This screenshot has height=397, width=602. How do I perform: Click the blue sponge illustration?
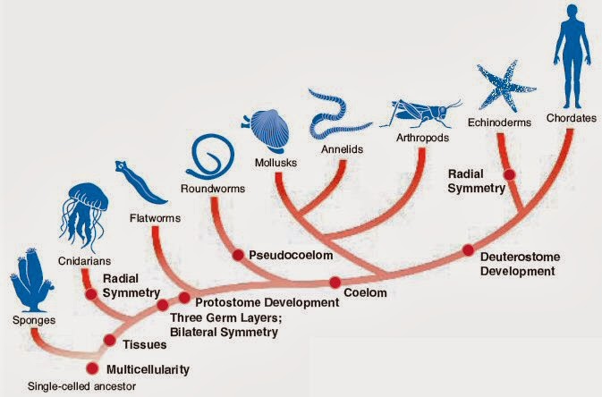click(33, 279)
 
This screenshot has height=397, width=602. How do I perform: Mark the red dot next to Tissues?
click(109, 339)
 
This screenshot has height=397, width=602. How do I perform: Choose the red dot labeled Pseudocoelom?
click(238, 255)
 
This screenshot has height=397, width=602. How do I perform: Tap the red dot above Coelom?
click(335, 283)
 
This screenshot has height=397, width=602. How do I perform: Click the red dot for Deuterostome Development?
click(468, 251)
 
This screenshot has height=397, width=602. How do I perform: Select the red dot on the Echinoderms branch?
click(509, 174)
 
